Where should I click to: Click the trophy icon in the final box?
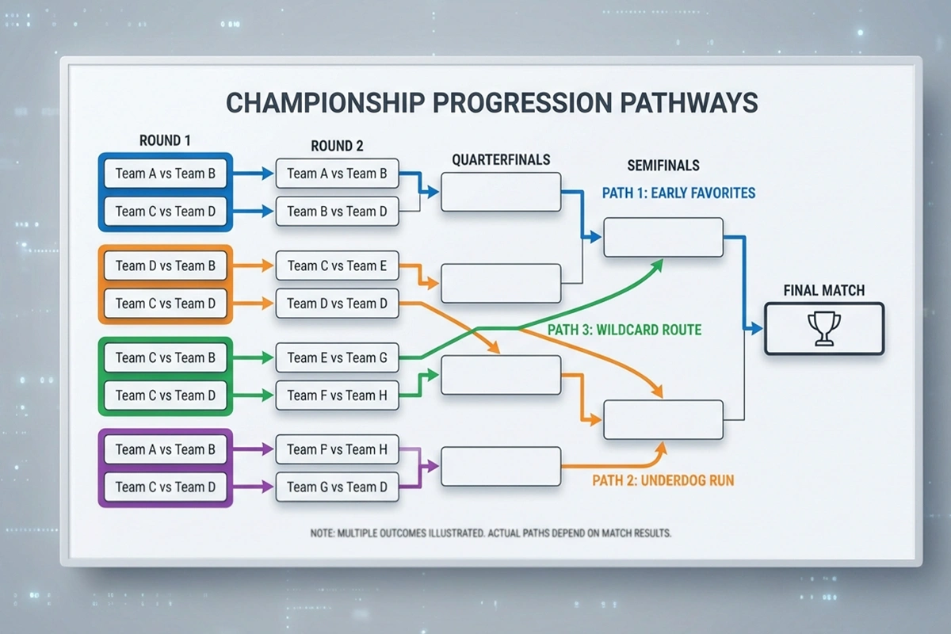click(823, 329)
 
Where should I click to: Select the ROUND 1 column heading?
click(165, 140)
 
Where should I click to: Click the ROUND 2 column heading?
click(337, 146)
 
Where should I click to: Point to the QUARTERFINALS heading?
click(501, 159)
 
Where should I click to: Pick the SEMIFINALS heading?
click(663, 166)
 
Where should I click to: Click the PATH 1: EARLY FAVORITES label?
click(678, 193)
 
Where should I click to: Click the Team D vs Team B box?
click(165, 265)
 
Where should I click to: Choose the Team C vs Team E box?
click(337, 266)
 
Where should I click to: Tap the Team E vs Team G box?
click(337, 358)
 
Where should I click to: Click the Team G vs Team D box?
click(337, 487)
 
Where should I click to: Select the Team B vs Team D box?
click(337, 212)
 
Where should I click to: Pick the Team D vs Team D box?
click(337, 304)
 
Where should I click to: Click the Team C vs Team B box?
click(165, 357)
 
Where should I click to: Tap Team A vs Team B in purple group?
click(165, 449)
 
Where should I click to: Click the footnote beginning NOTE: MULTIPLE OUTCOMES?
click(491, 533)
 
